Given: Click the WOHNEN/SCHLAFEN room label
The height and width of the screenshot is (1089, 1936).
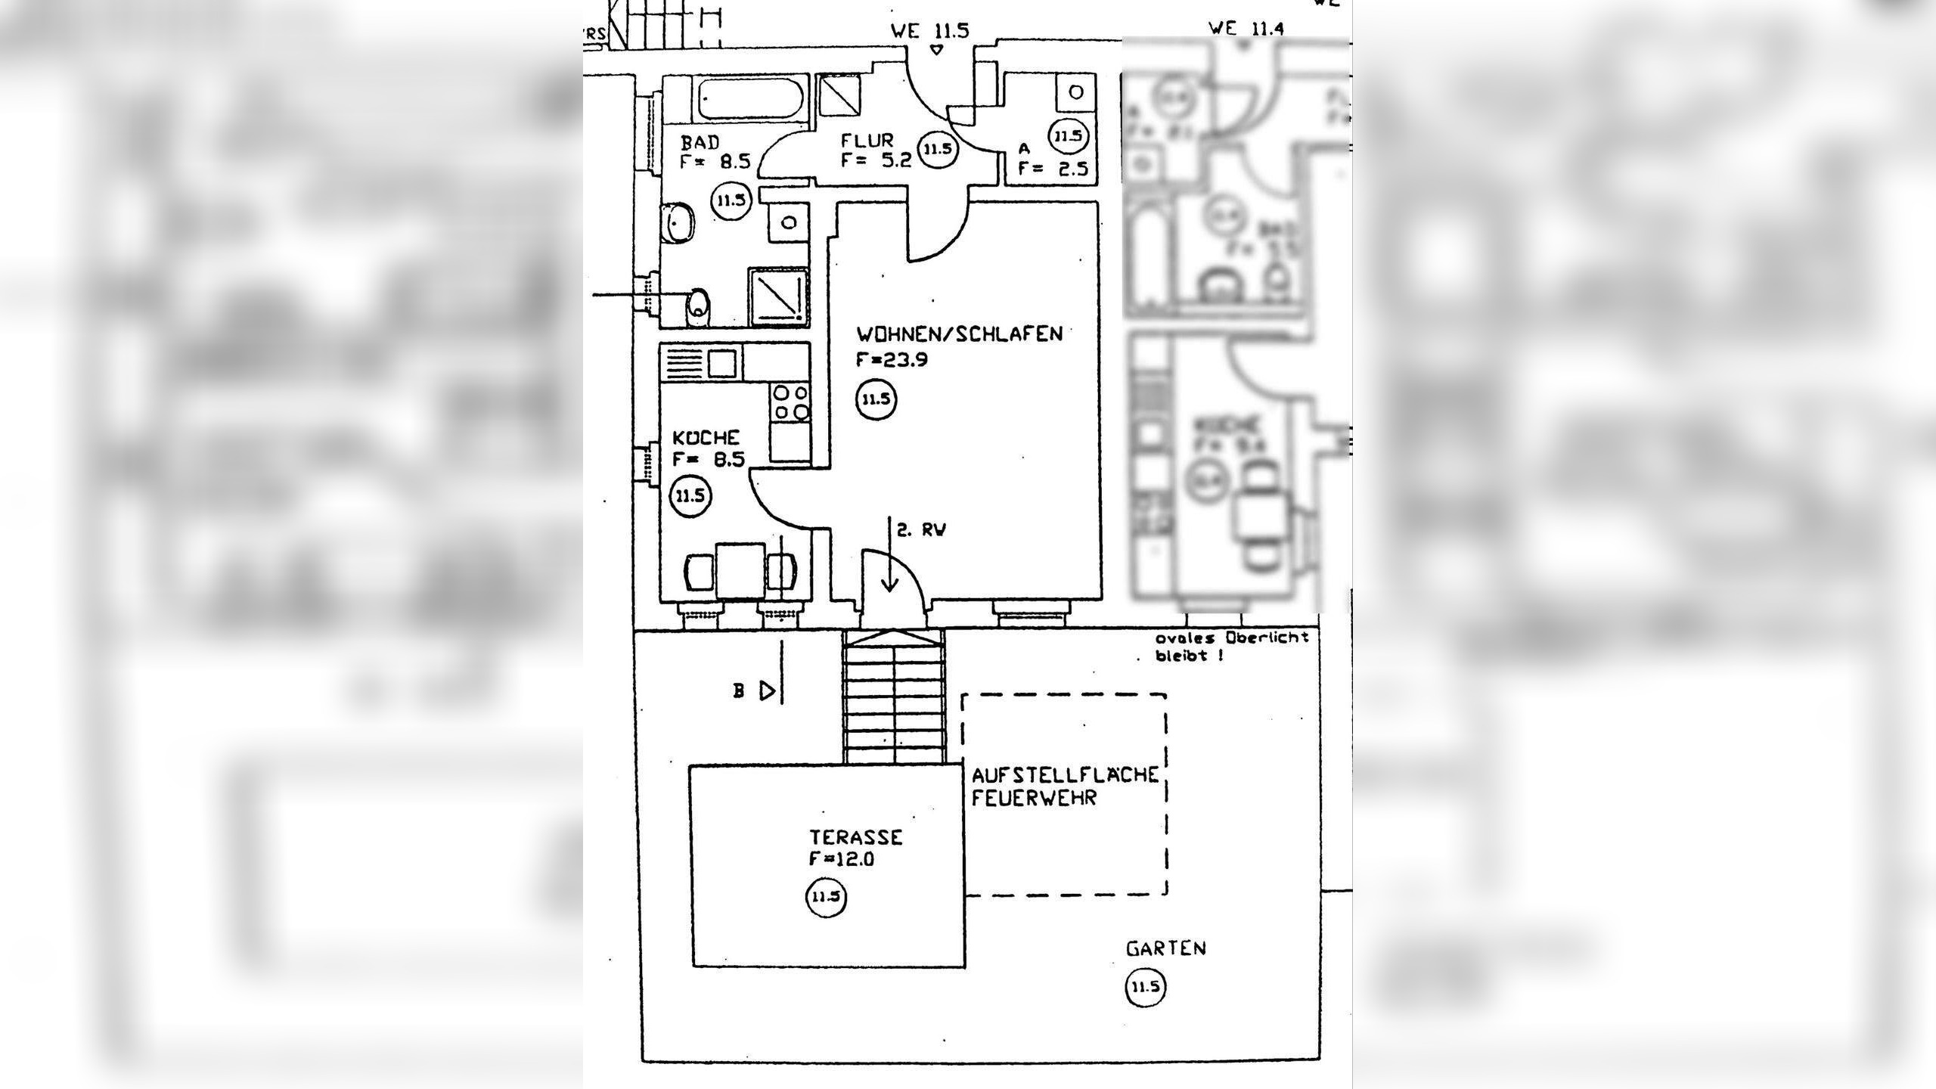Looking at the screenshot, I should click(959, 334).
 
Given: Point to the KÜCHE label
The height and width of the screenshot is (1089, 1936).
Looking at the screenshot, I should click(706, 438).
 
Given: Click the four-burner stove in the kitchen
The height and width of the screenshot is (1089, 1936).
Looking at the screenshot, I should click(790, 402).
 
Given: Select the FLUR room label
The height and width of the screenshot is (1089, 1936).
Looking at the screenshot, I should click(867, 141).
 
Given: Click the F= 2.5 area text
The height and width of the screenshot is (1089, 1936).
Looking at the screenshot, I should click(1053, 168).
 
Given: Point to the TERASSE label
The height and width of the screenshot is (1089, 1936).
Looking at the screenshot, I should click(856, 838).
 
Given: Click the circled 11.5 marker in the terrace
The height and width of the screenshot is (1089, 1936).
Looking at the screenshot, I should click(826, 898).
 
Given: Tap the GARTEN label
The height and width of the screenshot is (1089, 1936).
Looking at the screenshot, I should click(1165, 948).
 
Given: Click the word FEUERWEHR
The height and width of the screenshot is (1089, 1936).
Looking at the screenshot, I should click(1034, 799).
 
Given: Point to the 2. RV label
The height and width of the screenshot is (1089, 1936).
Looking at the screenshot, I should click(921, 530).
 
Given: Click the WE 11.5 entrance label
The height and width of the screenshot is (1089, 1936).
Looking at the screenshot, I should click(929, 31).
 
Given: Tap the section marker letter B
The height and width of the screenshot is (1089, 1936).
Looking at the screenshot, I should click(739, 690).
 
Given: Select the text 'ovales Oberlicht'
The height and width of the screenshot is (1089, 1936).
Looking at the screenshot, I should click(1231, 638).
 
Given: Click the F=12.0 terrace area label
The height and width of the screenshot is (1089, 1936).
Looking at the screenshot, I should click(842, 859).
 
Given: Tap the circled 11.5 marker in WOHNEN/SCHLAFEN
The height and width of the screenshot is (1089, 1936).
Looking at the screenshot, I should click(876, 399).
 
